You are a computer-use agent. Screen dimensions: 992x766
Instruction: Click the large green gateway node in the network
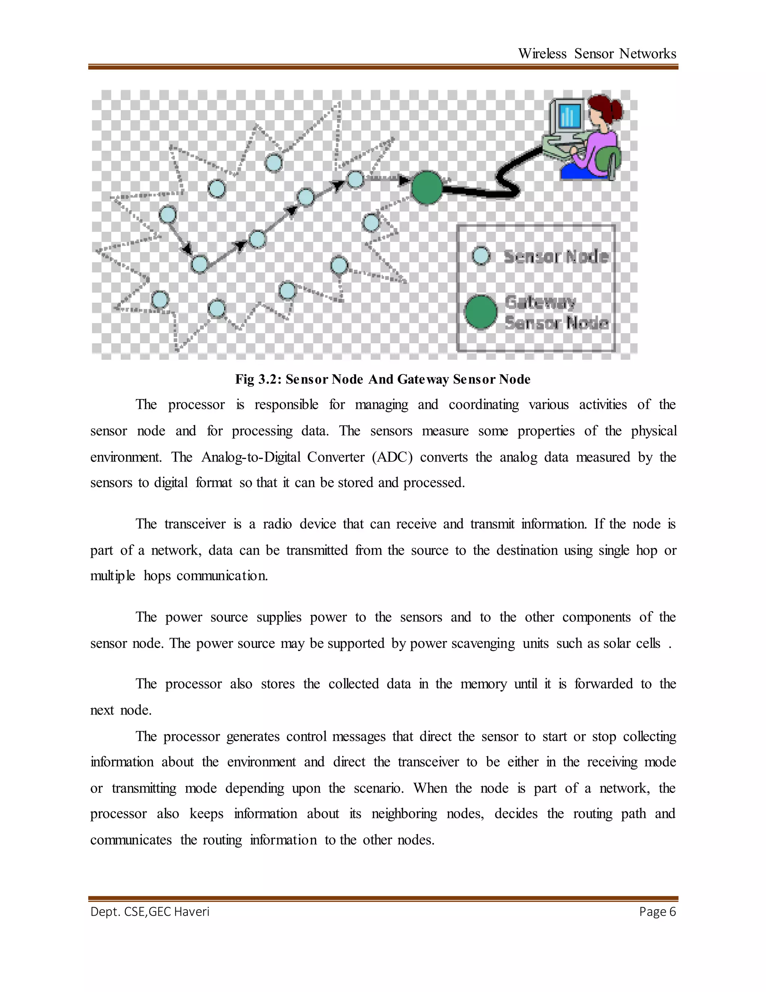[426, 187]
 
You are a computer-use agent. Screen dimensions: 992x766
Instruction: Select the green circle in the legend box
[481, 312]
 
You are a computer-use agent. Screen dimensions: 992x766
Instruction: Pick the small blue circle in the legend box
[481, 256]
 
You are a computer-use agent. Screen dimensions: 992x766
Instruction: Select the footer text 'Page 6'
[657, 912]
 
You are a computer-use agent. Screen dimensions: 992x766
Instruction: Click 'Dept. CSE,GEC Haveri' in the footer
[150, 912]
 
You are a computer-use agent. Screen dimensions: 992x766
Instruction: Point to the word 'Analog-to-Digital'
[251, 457]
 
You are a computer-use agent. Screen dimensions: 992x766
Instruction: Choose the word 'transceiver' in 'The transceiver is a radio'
[194, 524]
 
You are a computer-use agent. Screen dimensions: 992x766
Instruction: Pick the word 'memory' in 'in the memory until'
[483, 684]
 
